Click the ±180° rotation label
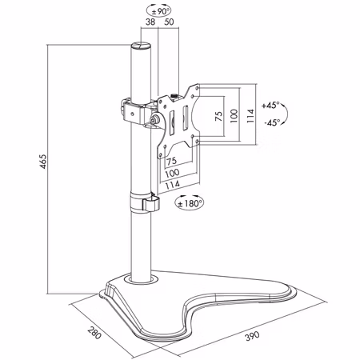coord(193,204)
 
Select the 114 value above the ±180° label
coord(171,184)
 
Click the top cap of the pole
coord(141,46)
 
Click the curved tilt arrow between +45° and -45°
coord(286,114)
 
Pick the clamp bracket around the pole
coord(136,108)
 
